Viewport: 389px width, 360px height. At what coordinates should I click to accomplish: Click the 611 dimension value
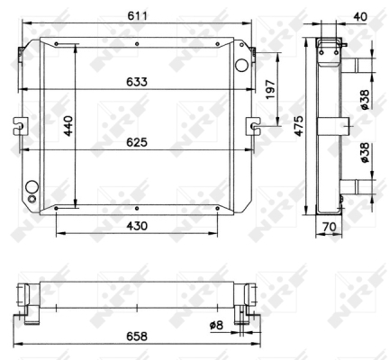point(137,15)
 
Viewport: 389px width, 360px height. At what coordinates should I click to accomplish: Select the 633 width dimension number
point(137,82)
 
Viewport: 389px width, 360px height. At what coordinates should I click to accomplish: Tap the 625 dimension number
point(137,142)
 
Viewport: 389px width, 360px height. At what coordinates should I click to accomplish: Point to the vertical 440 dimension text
point(68,126)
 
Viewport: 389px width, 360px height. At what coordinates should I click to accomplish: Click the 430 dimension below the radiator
point(137,226)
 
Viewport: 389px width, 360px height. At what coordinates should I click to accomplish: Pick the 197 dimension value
point(270,89)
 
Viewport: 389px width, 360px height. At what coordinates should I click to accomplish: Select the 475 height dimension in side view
point(299,126)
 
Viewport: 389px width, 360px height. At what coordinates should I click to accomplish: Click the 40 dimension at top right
point(360,16)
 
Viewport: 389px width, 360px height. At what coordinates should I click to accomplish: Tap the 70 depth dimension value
point(330,227)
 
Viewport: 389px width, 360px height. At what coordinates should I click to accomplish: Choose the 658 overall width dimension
point(137,337)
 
